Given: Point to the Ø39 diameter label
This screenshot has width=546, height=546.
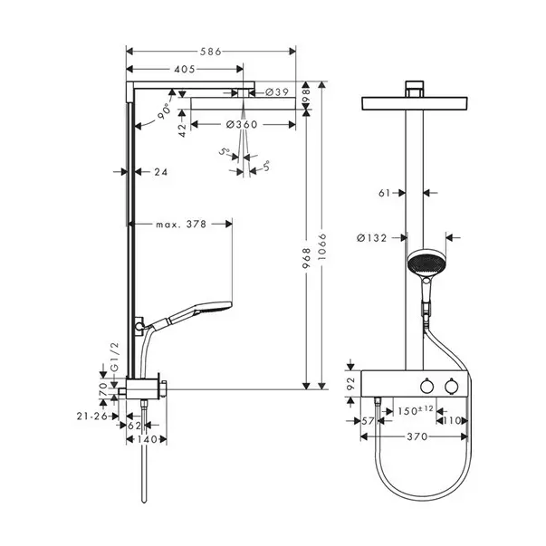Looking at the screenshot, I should point(278,92).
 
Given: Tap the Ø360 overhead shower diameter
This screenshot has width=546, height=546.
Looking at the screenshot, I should point(242,124).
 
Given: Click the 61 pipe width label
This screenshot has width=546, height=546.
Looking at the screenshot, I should point(384,192).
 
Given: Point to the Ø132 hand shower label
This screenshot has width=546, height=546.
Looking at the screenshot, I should point(373,238).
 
